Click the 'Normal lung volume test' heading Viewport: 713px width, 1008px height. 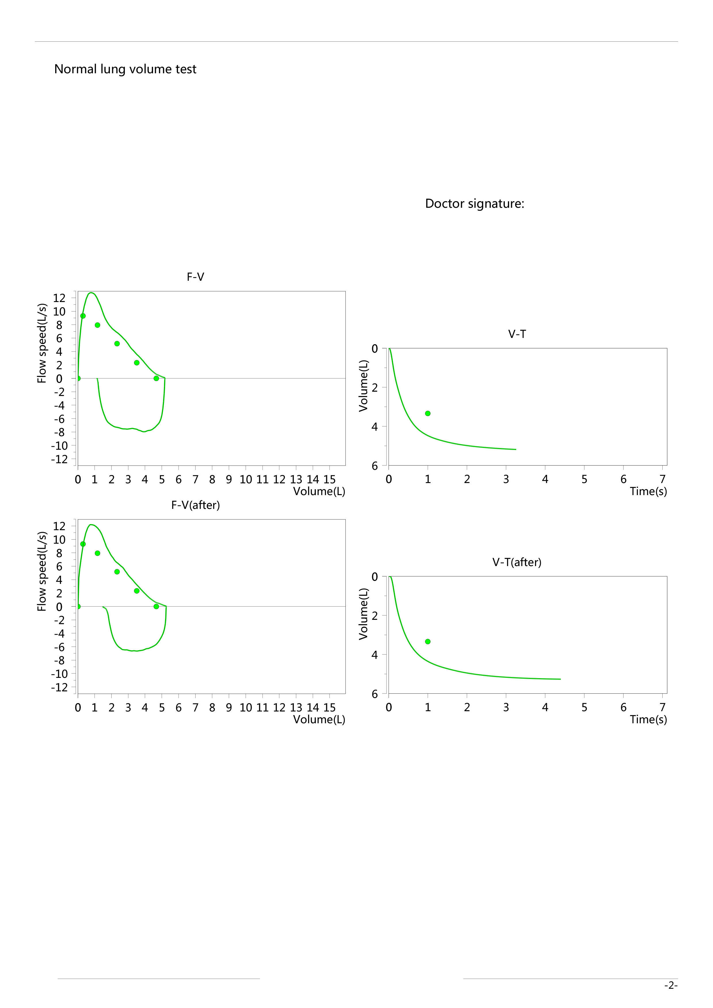(x=125, y=69)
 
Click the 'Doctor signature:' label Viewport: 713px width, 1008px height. (x=475, y=204)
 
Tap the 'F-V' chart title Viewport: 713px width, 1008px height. (x=196, y=277)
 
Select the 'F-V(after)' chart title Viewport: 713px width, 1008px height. (x=196, y=505)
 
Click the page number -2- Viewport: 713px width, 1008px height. (x=671, y=986)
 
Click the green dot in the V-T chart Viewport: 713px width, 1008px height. (x=428, y=413)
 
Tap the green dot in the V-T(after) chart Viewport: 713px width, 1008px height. (x=428, y=642)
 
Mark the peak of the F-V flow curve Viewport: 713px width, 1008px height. (x=91, y=293)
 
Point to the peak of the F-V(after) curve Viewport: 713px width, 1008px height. (x=91, y=525)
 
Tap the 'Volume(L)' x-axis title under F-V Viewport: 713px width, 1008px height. (x=319, y=491)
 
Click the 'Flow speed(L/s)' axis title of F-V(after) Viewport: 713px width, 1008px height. (x=42, y=571)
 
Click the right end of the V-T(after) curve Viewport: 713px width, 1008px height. (x=560, y=679)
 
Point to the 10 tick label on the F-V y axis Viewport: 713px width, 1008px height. (x=59, y=312)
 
